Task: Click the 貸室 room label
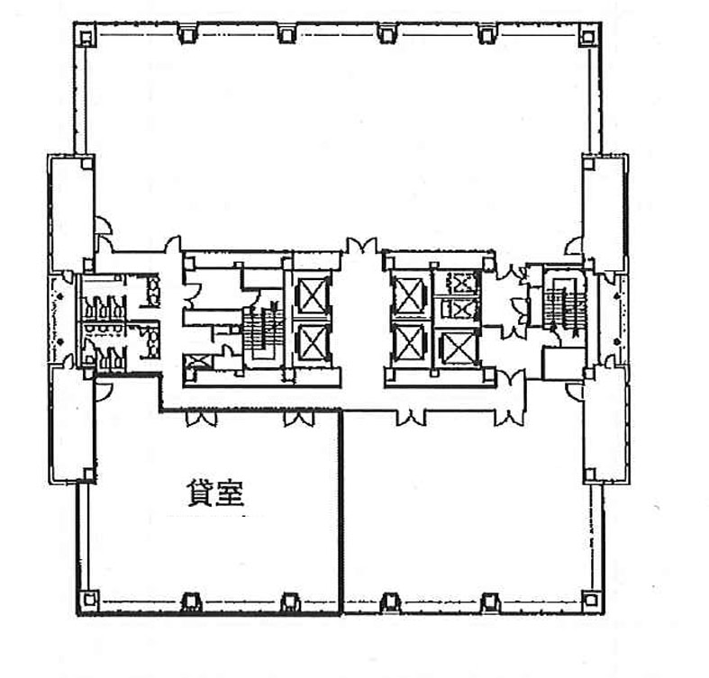[x=215, y=494]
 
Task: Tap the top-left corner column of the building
[x=86, y=35]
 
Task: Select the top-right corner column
[x=587, y=35]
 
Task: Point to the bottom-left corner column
[x=90, y=600]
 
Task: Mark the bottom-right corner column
[x=590, y=600]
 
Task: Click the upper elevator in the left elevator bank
[x=313, y=295]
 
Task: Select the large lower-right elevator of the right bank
[x=458, y=348]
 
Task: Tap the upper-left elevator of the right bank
[x=409, y=295]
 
